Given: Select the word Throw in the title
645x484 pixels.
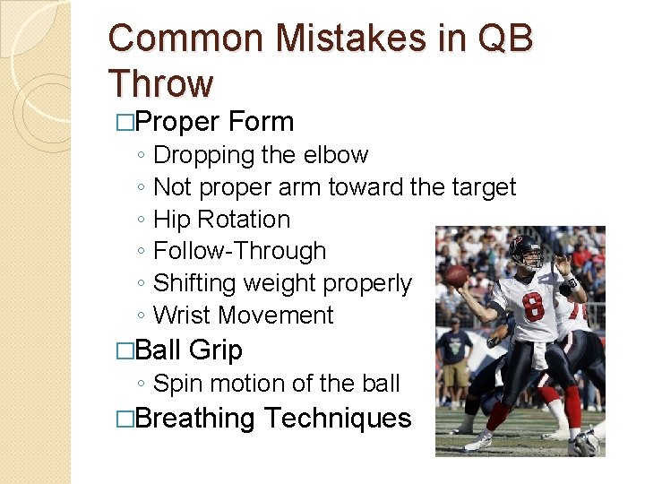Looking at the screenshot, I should (161, 83).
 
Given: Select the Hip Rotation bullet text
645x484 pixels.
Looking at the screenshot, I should (222, 220).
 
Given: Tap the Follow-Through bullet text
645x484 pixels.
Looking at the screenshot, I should (240, 252).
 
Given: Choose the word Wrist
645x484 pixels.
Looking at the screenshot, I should (183, 315).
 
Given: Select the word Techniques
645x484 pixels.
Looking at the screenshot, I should (338, 418).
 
